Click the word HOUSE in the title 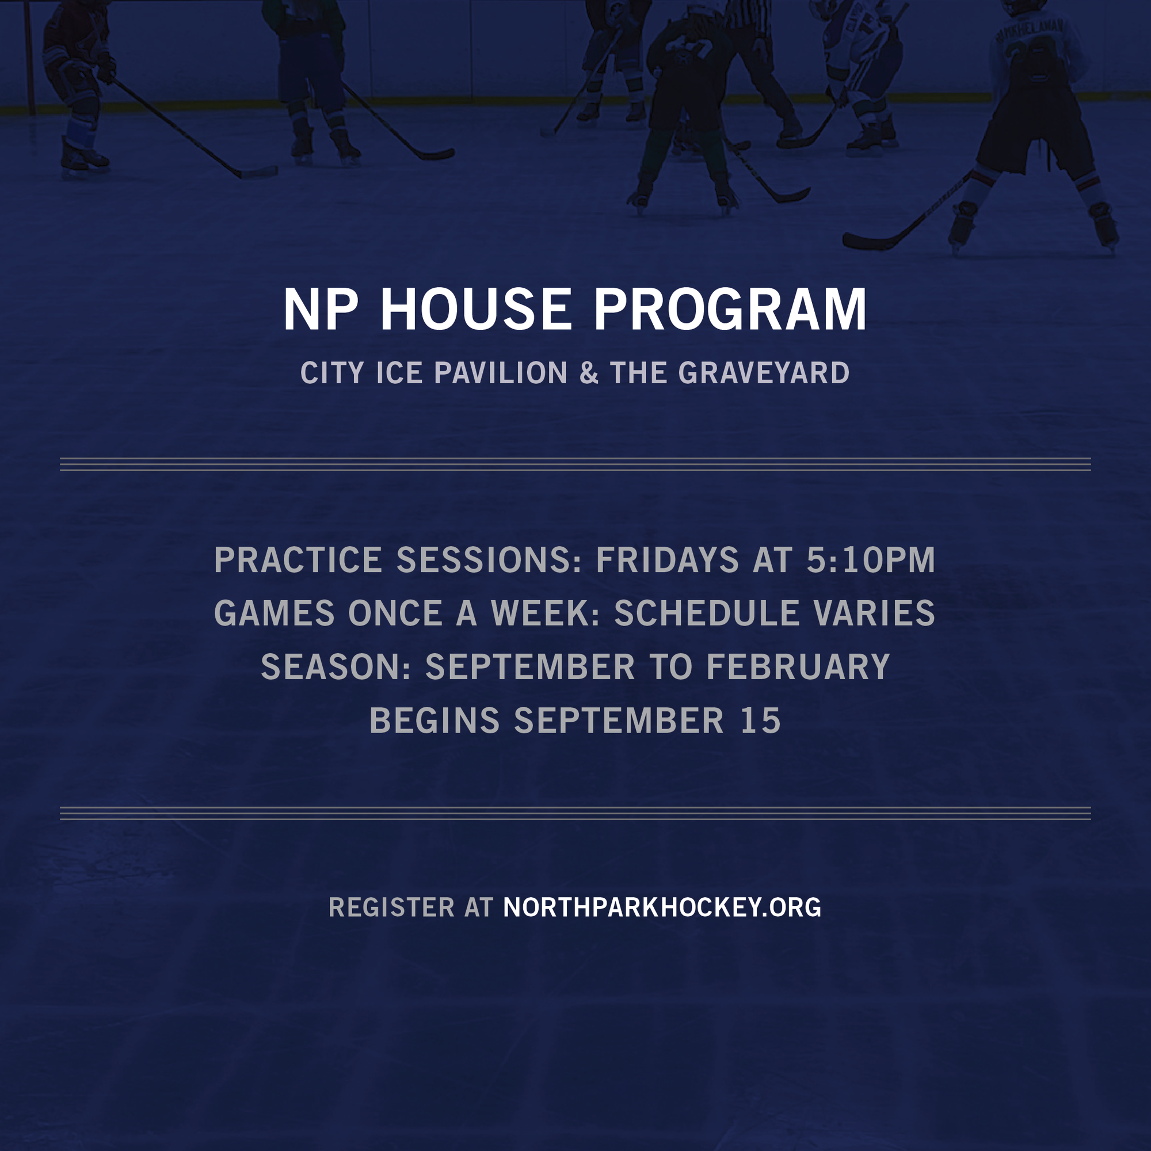point(476,309)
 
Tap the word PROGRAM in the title point(730,309)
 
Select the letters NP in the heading point(321,309)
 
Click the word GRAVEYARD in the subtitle point(764,373)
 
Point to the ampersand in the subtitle point(589,373)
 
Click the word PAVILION point(501,373)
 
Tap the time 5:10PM point(870,560)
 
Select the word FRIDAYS point(667,560)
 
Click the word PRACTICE point(298,560)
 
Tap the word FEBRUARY point(798,666)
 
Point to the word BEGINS point(435,721)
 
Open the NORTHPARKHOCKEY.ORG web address point(662,908)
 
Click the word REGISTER point(391,908)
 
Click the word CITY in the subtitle point(332,373)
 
